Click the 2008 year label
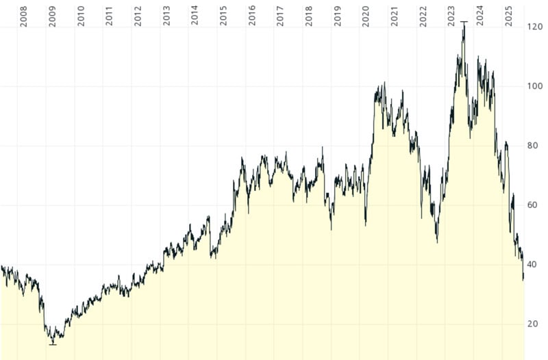click(24, 17)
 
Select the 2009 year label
click(53, 17)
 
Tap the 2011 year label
click(110, 17)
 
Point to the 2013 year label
click(166, 17)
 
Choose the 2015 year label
click(223, 17)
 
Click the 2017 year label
click(280, 17)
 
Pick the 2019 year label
click(337, 17)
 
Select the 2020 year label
click(366, 17)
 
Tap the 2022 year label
click(423, 17)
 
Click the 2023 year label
click(451, 17)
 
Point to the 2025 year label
click(508, 17)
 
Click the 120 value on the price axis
click(535, 27)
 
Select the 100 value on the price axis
click(535, 86)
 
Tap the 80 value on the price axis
click(535, 146)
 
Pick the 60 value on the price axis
click(535, 205)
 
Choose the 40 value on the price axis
click(535, 265)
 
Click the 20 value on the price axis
click(535, 324)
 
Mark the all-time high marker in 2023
click(464, 22)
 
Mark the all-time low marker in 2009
click(53, 344)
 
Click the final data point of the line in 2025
click(523, 279)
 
